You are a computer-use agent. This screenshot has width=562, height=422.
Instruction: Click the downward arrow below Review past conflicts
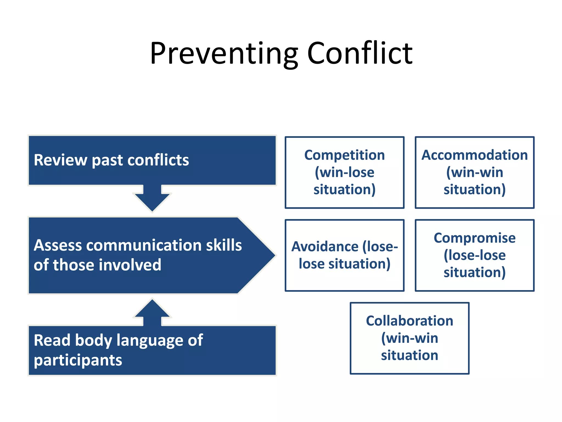coord(152,199)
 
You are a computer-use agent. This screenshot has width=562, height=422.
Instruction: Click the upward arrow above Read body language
coord(152,312)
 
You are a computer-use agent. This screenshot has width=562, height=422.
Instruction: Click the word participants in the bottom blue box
coord(78,360)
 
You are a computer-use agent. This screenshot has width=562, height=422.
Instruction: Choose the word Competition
coord(344,155)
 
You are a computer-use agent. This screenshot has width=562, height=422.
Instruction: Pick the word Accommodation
coord(474,155)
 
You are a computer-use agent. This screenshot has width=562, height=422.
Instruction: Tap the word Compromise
coord(474,238)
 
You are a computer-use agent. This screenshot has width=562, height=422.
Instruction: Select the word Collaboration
coord(409,321)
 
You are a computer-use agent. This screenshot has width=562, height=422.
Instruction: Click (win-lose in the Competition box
coord(344,173)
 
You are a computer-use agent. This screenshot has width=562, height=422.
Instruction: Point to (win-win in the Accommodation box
coord(474,173)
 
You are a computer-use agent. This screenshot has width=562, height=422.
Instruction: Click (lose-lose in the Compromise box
coord(474,255)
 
